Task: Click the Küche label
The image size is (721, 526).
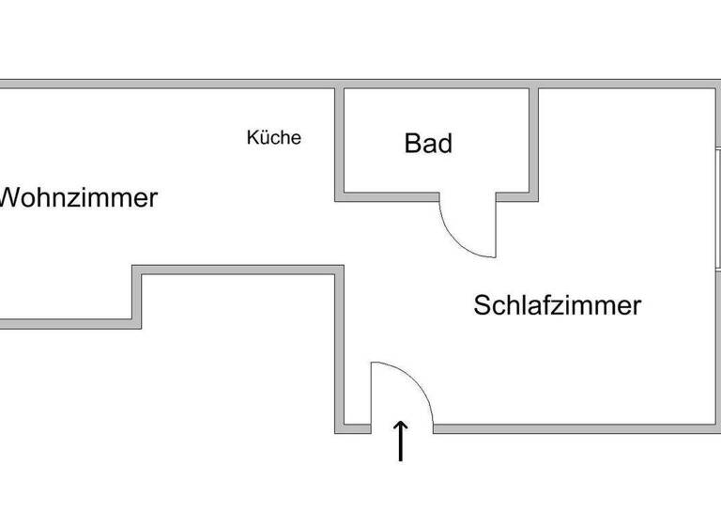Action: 274,138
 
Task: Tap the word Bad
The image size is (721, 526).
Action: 428,144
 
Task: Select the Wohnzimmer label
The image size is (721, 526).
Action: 77,199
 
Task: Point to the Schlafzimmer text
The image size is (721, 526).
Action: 557,305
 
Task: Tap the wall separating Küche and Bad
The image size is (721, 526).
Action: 340,141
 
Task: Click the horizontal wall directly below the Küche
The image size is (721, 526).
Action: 235,271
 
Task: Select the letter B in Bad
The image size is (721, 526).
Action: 413,144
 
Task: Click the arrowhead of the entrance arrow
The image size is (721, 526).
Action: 401,425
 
